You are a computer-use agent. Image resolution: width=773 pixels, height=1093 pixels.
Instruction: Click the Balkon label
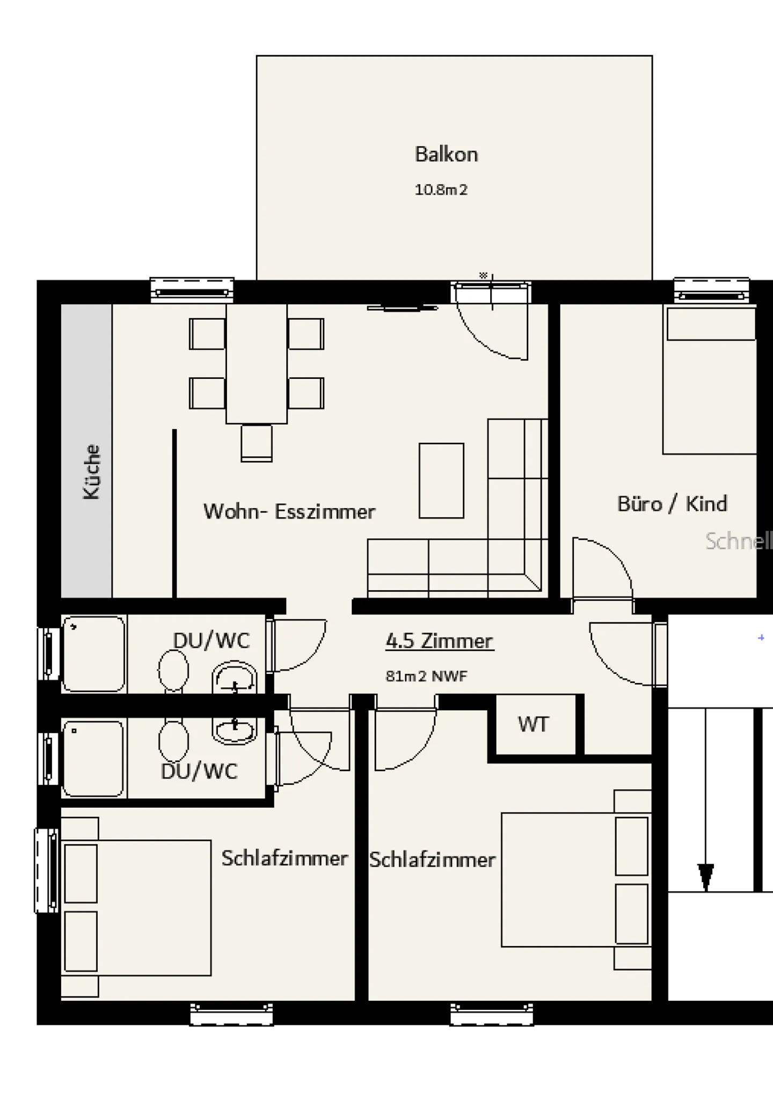446,155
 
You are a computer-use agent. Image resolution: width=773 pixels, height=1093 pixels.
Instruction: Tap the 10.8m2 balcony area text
441,190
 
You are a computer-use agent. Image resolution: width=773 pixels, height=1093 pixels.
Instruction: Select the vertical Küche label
92,472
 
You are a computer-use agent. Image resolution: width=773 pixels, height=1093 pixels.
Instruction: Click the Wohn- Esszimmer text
289,511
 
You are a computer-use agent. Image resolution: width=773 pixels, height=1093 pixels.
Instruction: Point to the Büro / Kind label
672,504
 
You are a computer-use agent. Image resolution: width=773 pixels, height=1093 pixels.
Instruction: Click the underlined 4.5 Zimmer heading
439,641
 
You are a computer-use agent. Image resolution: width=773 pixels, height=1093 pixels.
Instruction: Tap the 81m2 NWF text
426,676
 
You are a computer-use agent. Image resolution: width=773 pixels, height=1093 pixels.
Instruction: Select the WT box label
533,724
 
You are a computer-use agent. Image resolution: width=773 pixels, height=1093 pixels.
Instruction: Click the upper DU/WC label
211,640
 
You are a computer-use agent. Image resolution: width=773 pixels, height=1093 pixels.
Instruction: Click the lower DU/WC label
199,771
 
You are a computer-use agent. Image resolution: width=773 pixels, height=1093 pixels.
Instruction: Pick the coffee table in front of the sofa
441,480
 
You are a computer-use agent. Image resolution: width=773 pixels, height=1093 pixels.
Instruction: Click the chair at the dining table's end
257,443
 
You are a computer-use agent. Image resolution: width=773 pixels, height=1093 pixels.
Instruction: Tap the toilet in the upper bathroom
173,671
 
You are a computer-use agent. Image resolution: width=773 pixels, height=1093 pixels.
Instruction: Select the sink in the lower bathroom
234,729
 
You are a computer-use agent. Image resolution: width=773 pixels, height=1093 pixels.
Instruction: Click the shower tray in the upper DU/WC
94,654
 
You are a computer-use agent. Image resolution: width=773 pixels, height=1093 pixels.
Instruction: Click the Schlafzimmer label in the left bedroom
285,858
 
